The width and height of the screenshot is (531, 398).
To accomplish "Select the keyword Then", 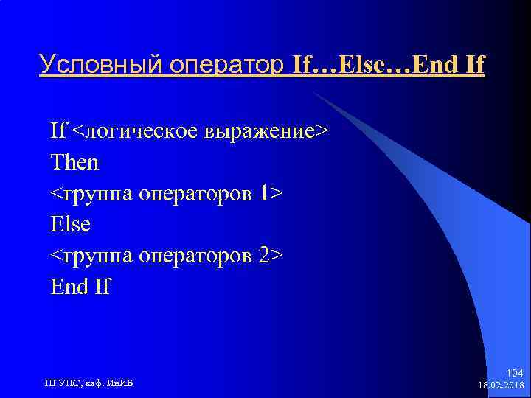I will tap(74, 161).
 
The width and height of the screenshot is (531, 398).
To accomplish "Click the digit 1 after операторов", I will tap(265, 192).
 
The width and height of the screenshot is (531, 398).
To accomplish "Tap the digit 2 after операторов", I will tap(265, 254).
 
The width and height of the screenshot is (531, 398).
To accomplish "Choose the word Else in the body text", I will tap(71, 223).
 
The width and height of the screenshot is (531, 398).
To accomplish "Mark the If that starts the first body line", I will tap(58, 130).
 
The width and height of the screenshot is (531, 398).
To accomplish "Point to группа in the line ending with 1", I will tap(96, 192).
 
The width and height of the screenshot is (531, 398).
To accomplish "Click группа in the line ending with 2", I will tap(96, 254).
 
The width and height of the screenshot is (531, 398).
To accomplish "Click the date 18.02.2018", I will tap(501, 385).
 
